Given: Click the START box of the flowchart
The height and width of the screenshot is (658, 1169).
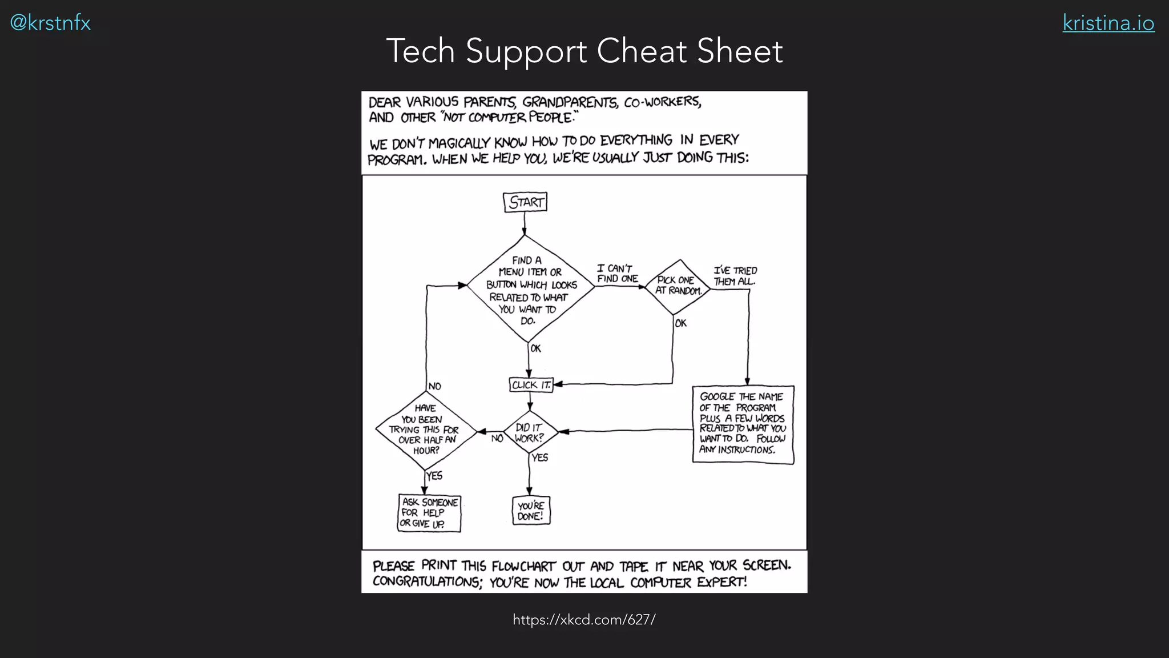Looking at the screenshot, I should point(525,202).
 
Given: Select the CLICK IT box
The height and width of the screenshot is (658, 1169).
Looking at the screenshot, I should point(531,385).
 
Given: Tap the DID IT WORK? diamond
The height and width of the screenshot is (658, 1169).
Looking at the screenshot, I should point(530,433).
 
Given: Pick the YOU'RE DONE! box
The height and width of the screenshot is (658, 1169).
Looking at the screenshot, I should point(531,511).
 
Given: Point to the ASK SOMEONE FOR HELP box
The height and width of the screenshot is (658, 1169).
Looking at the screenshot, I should point(429,513).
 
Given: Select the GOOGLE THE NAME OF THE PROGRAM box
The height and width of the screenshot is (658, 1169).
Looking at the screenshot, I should point(743,424).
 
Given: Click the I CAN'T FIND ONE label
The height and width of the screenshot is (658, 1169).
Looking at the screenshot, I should point(616,274).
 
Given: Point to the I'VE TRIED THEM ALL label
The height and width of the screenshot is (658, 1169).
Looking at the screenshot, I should point(735,276).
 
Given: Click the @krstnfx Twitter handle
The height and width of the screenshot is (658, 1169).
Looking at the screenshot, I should point(50,23).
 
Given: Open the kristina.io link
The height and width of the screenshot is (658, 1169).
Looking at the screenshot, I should point(1108,23).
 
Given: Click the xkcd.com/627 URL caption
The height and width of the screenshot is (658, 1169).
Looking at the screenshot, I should point(584,620).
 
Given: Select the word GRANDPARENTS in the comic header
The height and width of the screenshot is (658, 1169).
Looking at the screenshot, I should point(570,102).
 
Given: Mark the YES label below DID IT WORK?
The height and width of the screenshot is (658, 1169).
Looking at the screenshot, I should point(540,458).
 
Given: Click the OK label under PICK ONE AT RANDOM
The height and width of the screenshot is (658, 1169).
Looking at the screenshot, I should point(680,323).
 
